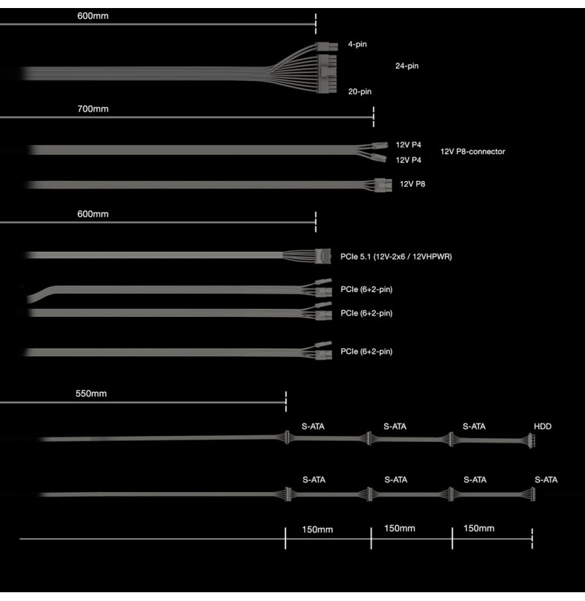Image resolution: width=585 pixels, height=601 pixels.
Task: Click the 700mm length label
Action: (93, 109)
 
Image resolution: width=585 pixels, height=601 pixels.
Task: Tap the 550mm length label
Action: (91, 394)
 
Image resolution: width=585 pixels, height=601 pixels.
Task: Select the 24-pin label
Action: (407, 66)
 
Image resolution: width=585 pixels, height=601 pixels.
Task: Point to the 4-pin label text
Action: (358, 44)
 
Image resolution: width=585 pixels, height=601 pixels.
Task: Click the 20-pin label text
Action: (360, 91)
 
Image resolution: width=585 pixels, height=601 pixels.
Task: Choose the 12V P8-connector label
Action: (472, 151)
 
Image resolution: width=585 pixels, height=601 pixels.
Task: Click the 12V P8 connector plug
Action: (383, 185)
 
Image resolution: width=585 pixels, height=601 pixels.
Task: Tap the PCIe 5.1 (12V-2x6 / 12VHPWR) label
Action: (396, 256)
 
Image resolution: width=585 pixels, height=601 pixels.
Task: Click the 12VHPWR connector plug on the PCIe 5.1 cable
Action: (322, 256)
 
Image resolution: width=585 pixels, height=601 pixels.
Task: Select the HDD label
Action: (543, 426)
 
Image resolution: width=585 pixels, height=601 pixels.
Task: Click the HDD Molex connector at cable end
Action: (532, 441)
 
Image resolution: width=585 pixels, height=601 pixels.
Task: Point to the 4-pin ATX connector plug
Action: (327, 47)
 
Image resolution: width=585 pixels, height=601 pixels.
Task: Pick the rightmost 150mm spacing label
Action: (479, 528)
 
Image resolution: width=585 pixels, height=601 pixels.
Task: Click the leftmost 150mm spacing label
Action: (317, 529)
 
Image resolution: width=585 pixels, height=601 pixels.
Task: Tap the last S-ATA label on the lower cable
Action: (546, 480)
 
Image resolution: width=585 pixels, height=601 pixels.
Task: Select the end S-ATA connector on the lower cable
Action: (532, 494)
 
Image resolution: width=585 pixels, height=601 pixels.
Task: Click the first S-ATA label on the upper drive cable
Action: (313, 426)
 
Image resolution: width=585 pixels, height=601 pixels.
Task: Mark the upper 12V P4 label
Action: (409, 145)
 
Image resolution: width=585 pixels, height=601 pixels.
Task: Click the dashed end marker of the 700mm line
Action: (374, 117)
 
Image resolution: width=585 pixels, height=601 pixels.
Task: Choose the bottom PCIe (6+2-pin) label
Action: (366, 351)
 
